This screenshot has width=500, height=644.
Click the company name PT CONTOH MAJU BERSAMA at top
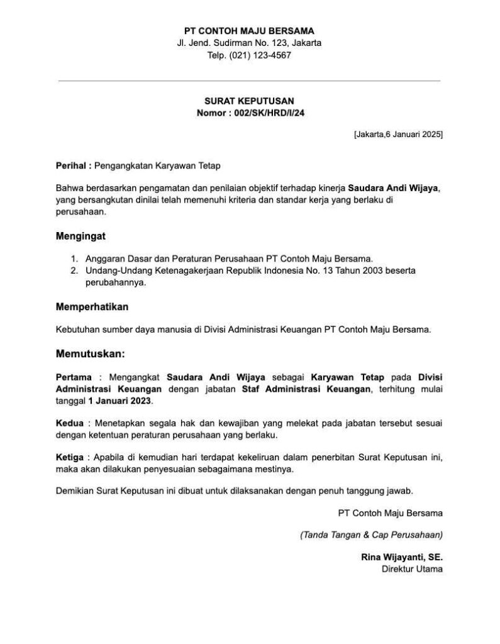tap(249, 30)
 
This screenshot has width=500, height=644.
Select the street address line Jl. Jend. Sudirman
tap(249, 43)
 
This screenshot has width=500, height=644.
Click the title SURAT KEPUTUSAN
tap(249, 101)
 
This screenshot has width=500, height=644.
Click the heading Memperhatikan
tap(92, 308)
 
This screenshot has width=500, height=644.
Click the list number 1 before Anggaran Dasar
tap(74, 258)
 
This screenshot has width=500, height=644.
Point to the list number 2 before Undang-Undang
tap(74, 270)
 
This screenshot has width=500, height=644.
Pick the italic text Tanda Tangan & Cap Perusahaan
tap(372, 535)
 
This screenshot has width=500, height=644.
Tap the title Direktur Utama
tap(412, 569)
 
